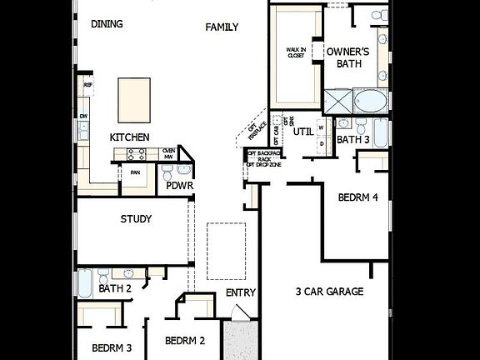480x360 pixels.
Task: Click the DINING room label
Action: [x=107, y=24]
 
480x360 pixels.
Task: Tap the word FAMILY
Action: [x=222, y=27]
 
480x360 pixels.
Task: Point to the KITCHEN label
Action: [x=129, y=137]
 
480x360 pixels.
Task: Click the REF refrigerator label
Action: [x=87, y=85]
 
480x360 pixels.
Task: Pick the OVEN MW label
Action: [x=168, y=154]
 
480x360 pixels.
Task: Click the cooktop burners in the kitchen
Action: [x=136, y=154]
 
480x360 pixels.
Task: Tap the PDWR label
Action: [x=180, y=185]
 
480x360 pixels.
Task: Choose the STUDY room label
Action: [x=136, y=220]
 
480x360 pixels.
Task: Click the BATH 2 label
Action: [x=115, y=289]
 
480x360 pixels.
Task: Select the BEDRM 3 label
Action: [x=112, y=347]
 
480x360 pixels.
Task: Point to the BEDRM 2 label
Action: [x=185, y=341]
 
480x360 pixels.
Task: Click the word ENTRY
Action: [x=241, y=293]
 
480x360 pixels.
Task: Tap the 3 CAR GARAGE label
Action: [x=329, y=292]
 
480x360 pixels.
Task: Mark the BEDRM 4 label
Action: [x=358, y=198]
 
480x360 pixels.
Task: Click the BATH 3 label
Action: [x=352, y=140]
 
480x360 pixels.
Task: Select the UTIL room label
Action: [x=302, y=132]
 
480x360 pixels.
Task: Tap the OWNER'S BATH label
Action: [x=348, y=58]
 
